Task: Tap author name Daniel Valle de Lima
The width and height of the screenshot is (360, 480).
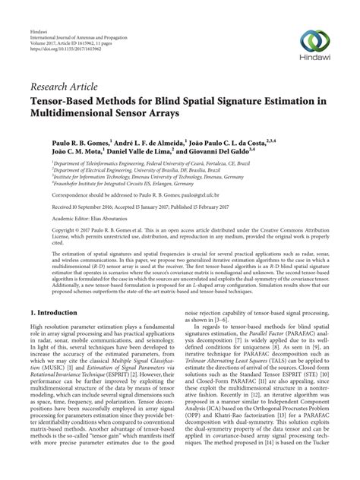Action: tap(132, 152)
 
